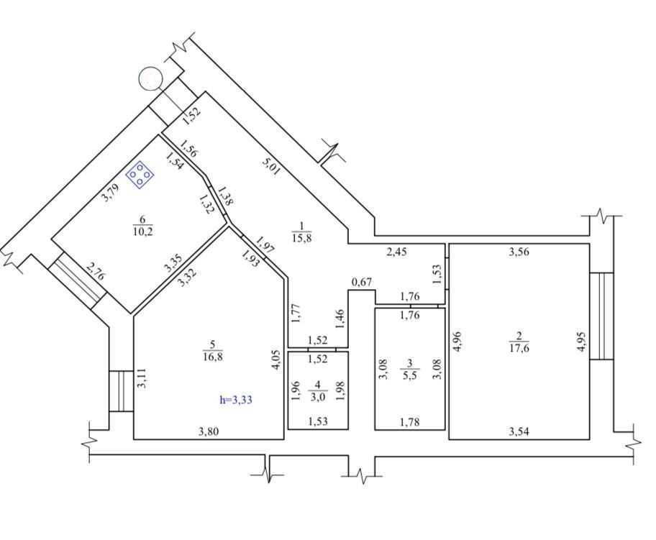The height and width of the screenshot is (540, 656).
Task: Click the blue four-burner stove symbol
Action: [x=140, y=174]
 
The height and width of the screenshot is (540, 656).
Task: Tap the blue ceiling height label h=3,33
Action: [x=236, y=400]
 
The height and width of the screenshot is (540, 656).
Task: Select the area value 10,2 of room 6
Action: [x=142, y=232]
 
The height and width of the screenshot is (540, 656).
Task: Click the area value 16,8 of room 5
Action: [x=212, y=357]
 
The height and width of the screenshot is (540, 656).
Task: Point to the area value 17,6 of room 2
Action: [x=519, y=347]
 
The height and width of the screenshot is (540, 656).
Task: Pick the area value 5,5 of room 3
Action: [x=409, y=375]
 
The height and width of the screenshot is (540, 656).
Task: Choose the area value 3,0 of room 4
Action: [x=317, y=397]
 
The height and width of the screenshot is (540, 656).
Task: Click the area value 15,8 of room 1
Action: [x=301, y=239]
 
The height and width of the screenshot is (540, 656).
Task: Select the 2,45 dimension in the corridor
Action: [x=396, y=252]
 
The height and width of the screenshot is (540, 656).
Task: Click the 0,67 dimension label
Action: [x=362, y=282]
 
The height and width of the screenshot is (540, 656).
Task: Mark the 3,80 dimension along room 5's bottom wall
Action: [x=209, y=431]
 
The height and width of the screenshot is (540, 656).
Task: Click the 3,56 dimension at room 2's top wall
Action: [x=519, y=252]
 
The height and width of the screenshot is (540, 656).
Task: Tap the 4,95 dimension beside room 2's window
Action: [x=581, y=342]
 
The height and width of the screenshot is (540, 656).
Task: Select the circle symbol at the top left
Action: [x=150, y=78]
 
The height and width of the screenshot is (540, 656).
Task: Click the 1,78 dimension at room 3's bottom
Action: [x=409, y=422]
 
